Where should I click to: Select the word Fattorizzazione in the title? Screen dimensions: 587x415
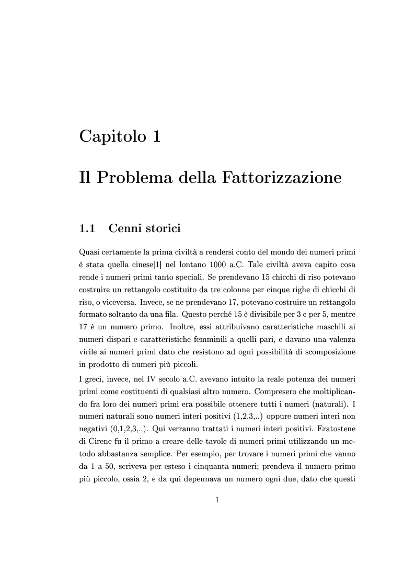[x=282, y=178]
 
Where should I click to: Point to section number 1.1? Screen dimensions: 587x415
[x=87, y=228]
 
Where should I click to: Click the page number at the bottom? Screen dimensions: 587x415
[x=217, y=500]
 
